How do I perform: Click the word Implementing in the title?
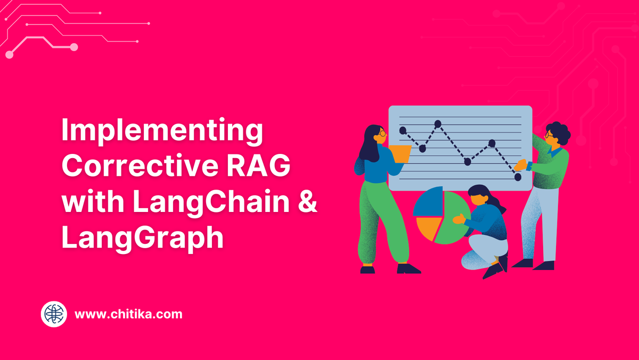click(162, 132)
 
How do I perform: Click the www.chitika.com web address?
click(128, 314)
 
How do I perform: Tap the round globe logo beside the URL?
click(54, 314)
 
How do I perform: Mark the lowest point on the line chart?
click(518, 177)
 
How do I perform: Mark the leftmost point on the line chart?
click(403, 130)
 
